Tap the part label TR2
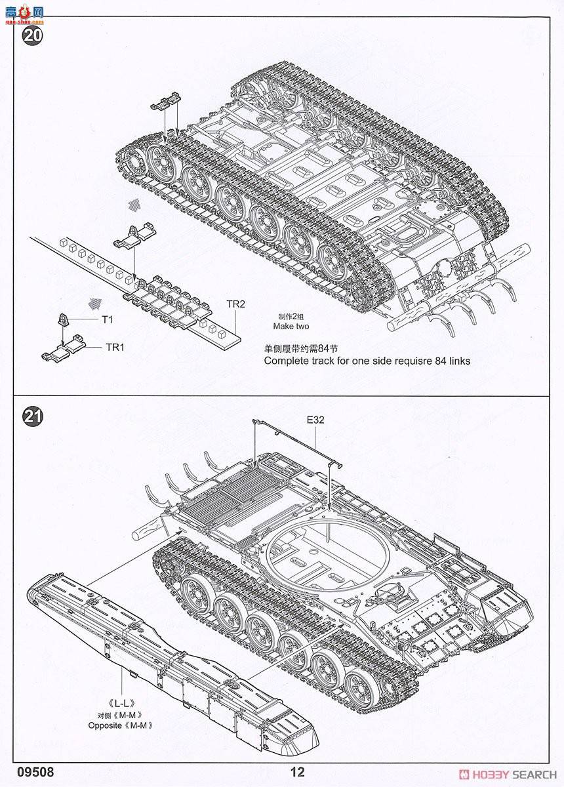(235, 304)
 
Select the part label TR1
(115, 347)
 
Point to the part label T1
(107, 319)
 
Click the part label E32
(315, 420)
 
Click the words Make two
(292, 327)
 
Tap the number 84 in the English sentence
(432, 361)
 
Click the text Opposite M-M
(120, 725)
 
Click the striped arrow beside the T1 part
(96, 303)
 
